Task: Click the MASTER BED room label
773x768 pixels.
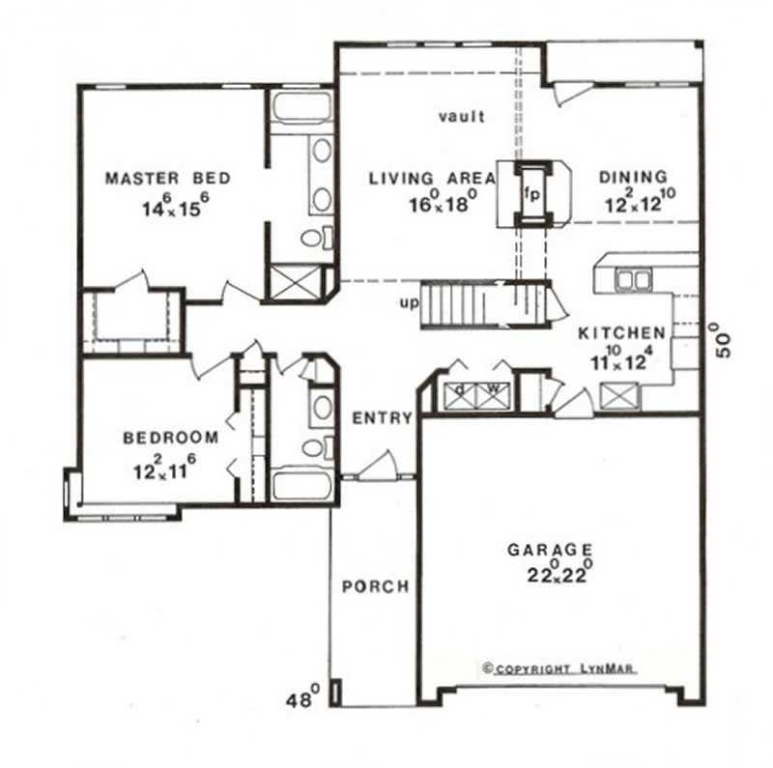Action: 167,179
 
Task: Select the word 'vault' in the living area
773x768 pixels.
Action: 460,117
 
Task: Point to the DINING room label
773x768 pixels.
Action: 633,177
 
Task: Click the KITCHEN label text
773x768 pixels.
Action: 621,332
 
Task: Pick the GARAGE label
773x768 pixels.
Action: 551,550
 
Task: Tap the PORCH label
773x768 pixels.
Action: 376,586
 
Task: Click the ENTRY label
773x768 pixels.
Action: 383,418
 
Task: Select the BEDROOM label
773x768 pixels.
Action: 170,438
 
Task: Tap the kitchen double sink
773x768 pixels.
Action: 634,279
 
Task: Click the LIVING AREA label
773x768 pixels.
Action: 432,179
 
